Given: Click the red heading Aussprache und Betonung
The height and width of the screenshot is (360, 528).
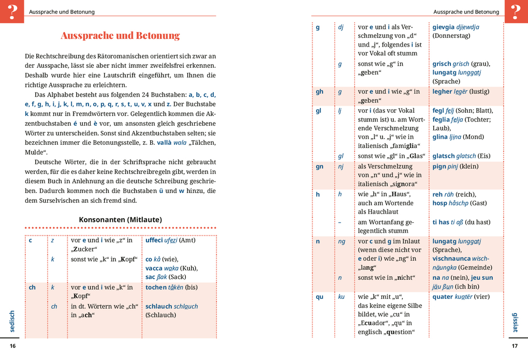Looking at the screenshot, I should point(120,36).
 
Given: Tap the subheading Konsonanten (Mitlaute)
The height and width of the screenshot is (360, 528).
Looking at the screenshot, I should point(120,219).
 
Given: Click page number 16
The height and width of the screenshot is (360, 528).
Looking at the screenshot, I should point(13,346).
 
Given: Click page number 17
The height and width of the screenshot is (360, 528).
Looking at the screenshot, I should point(515,346).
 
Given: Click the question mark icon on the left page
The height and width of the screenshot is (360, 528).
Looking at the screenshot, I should point(12,11).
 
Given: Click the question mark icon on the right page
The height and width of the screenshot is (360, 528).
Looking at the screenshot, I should point(516,11).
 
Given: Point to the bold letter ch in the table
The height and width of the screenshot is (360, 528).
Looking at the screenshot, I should point(32,287).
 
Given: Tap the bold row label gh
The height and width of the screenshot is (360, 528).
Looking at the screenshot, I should point(319,92).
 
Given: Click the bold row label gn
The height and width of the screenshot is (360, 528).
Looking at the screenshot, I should point(319,167).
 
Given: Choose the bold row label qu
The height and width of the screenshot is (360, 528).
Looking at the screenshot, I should point(319,297).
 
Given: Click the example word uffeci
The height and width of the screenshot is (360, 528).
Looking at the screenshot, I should point(154,240).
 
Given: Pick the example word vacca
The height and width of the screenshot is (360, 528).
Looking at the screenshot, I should point(154,268).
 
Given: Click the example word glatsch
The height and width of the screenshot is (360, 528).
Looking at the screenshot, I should point(444,156).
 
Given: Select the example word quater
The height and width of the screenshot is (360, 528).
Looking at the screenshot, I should point(443,297).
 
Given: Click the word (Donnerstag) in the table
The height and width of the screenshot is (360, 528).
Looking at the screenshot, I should point(451,36).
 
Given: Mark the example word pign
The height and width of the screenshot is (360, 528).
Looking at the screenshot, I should point(439,167).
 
